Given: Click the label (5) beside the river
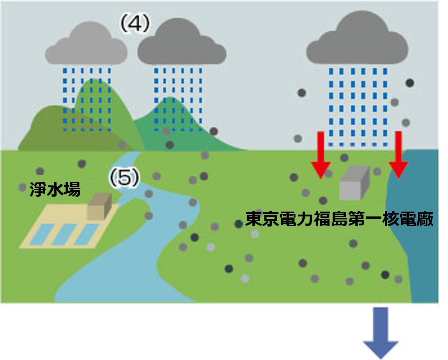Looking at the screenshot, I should click(124, 178).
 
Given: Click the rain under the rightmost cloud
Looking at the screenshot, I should click(357, 107).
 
